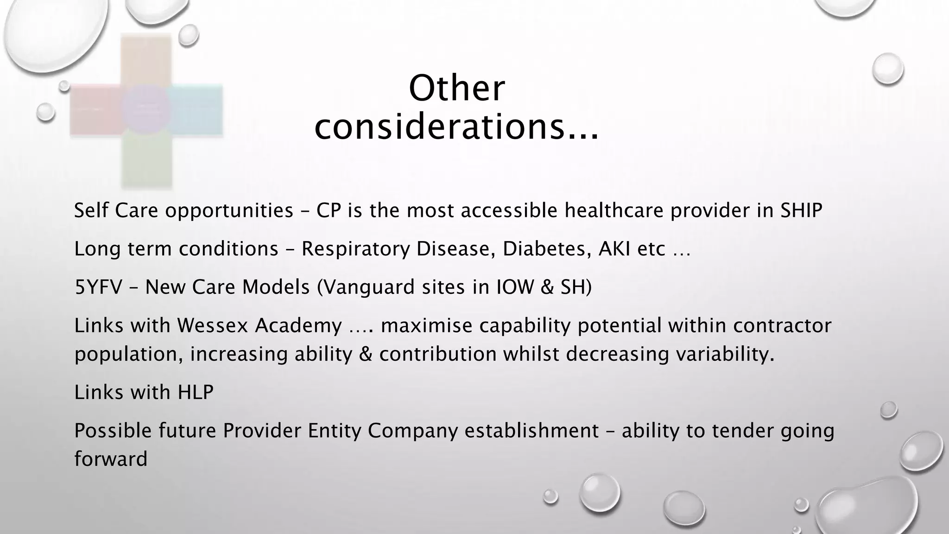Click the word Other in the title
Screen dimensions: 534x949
pos(456,89)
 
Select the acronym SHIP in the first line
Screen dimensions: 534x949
pos(801,211)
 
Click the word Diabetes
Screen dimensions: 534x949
pos(546,249)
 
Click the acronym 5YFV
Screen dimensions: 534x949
pos(98,287)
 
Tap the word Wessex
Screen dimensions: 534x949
pos(212,326)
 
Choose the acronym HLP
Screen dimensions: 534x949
pos(196,393)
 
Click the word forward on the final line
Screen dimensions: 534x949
pos(111,459)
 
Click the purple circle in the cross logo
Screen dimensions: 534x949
pos(146,109)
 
